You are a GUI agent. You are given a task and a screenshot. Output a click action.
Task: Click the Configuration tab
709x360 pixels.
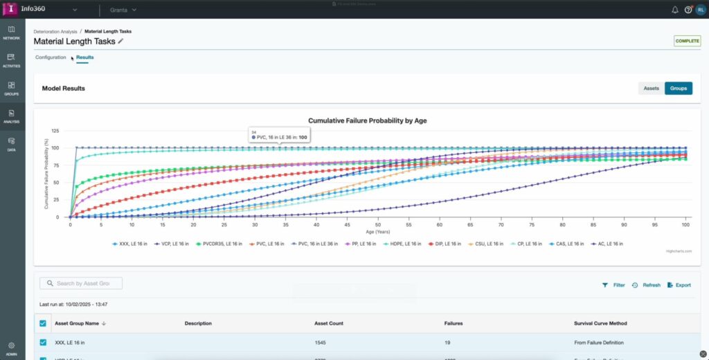coord(51,57)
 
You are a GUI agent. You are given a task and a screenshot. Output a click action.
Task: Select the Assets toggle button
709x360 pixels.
coord(651,89)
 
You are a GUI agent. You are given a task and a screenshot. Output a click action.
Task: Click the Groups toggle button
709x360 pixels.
coord(678,89)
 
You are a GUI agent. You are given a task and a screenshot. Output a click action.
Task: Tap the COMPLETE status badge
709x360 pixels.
coord(687,41)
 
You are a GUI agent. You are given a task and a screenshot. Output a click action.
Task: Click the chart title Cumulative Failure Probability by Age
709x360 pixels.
coord(367,120)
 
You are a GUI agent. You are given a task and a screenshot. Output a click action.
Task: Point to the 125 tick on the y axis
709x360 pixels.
coord(55,131)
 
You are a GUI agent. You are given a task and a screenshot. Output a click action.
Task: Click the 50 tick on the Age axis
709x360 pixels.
coord(378,224)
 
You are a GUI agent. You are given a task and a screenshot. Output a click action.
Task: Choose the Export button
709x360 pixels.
coord(679,285)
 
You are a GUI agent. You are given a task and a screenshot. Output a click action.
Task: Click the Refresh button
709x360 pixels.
coord(646,285)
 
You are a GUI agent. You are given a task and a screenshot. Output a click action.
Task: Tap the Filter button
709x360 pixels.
coord(613,285)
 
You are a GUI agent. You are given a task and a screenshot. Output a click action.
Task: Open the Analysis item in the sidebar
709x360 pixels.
coord(11,116)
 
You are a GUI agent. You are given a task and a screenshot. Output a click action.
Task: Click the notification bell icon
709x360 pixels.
coord(675,10)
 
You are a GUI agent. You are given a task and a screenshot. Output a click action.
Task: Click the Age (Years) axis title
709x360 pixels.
coord(378,232)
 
